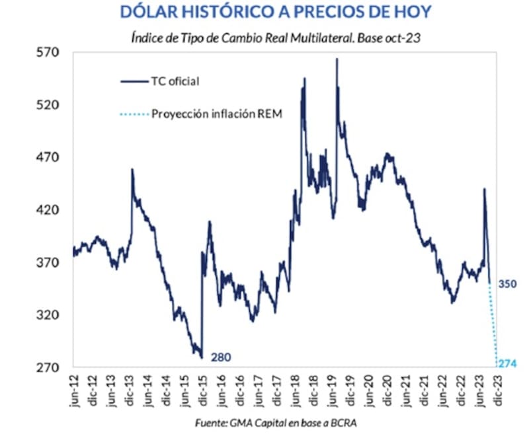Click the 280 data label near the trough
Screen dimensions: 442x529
tap(221, 357)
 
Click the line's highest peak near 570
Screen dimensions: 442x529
tap(337, 59)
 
